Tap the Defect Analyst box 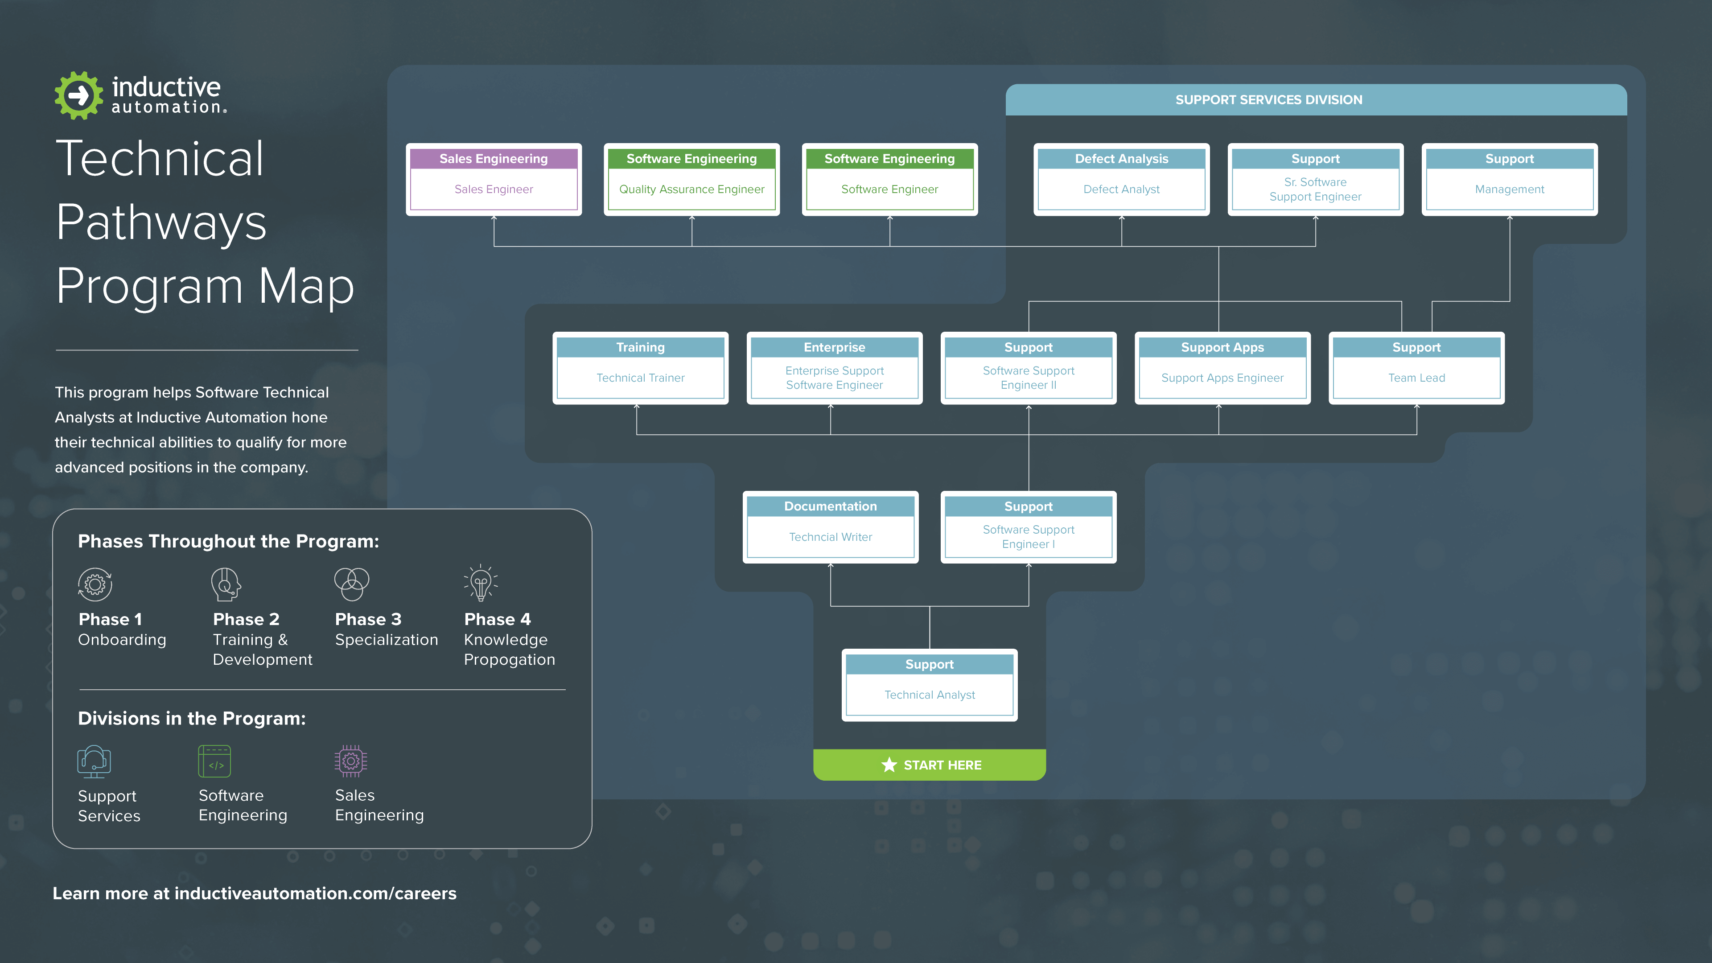pos(1121,179)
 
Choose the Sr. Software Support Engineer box pos(1315,179)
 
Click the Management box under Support pos(1509,179)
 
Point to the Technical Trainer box pos(640,368)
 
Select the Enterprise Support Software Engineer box pos(834,368)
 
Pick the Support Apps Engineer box pos(1222,368)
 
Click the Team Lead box pos(1416,368)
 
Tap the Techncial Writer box pos(830,527)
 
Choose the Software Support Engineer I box pos(1028,527)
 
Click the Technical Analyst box pos(929,685)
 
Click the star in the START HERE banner pos(889,765)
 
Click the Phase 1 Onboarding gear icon pos(95,584)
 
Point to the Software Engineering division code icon pos(214,761)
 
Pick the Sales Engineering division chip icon pos(350,761)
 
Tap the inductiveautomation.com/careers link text pos(315,893)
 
